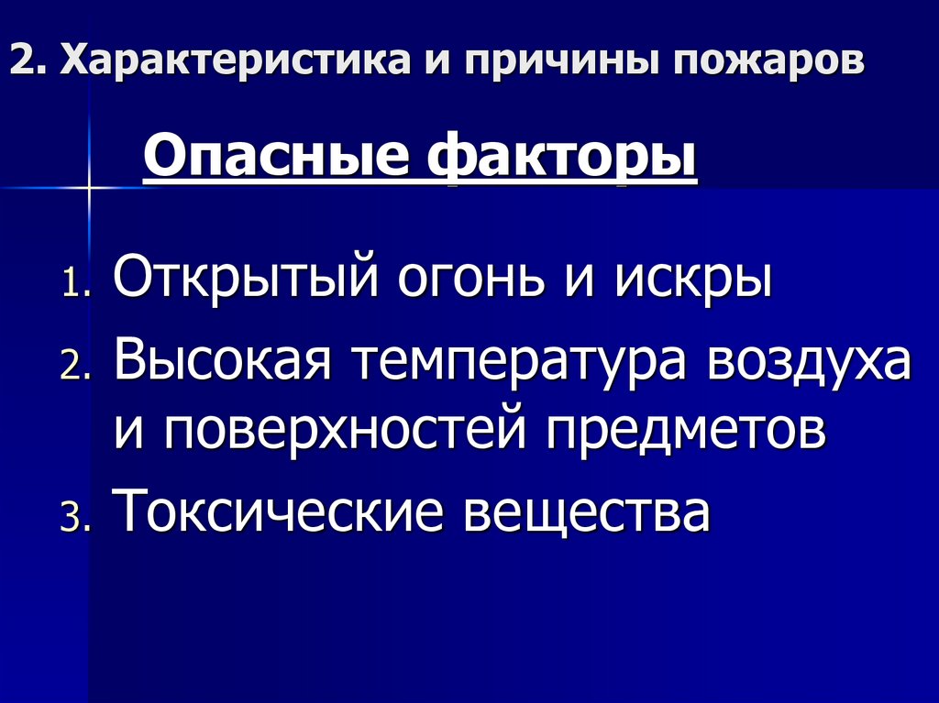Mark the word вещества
click(587, 511)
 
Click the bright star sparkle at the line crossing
click(90, 187)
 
